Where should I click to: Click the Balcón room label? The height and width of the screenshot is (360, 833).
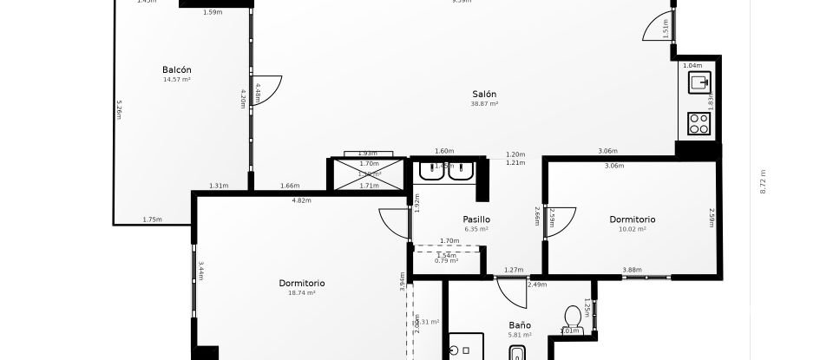(x=176, y=70)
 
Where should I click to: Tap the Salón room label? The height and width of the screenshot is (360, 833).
(x=484, y=95)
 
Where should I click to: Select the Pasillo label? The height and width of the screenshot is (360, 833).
(x=476, y=219)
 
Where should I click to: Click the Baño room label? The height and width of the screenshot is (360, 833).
(x=521, y=325)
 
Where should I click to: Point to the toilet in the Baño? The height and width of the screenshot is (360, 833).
(x=572, y=317)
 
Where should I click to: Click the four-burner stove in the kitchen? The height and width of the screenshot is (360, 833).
(x=699, y=123)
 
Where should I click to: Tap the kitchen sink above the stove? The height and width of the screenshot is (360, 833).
(x=699, y=82)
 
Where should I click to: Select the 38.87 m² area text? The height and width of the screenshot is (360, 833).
(x=484, y=104)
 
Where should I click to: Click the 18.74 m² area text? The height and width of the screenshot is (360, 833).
(x=302, y=293)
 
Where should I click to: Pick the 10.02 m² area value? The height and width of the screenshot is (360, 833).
(x=632, y=230)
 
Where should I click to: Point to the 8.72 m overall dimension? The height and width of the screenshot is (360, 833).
(x=764, y=181)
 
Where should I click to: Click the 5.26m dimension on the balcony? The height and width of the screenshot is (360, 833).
(x=120, y=108)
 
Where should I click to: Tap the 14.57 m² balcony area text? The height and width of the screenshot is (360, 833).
(x=176, y=80)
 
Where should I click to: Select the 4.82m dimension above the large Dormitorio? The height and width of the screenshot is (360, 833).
(x=301, y=200)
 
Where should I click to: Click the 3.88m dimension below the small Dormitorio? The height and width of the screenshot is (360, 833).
(x=632, y=270)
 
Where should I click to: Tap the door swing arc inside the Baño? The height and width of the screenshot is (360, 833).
(x=514, y=293)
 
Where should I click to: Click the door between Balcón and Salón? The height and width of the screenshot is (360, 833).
(x=266, y=89)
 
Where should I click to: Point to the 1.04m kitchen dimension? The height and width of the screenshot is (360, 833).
(x=692, y=66)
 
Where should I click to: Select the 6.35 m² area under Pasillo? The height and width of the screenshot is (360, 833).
(x=476, y=229)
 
